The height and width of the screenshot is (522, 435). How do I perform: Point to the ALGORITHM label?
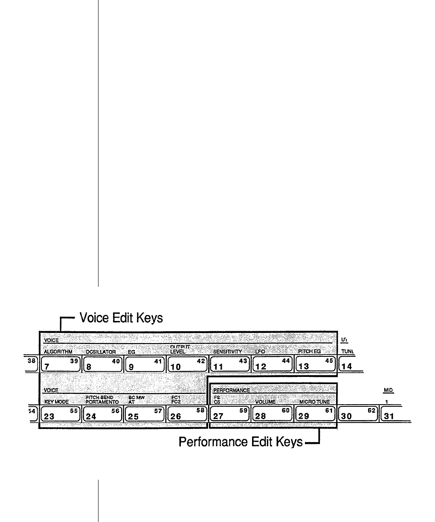58,352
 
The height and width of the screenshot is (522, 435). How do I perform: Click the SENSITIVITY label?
227,352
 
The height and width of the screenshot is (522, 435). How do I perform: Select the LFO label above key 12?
260,352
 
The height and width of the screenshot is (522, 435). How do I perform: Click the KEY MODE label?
56,402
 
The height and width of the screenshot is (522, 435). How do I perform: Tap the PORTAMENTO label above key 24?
102,402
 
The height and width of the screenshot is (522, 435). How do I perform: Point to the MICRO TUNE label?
314,402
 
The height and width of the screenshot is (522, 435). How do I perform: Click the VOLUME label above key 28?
265,402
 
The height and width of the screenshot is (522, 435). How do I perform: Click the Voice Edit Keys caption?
119,318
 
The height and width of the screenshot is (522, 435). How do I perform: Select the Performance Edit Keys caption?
241,442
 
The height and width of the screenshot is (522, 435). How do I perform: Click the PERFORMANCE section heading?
231,390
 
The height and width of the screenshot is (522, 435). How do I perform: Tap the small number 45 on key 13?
329,361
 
